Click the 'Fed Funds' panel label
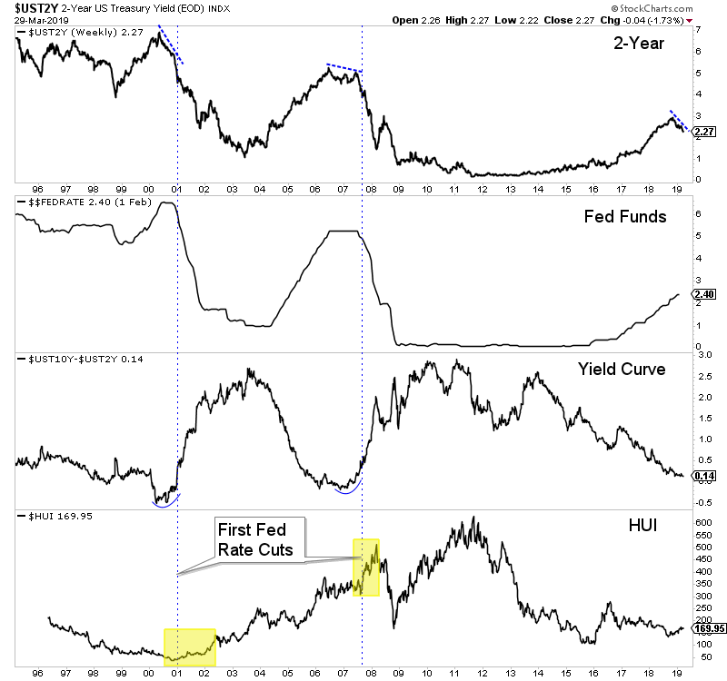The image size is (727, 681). click(x=625, y=216)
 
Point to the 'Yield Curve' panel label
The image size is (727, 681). click(x=622, y=370)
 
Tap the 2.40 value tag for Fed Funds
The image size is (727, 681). click(x=704, y=295)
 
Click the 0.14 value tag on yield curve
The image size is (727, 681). click(x=704, y=475)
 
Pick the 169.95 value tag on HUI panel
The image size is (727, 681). click(x=708, y=627)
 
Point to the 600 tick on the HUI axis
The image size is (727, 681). click(x=702, y=523)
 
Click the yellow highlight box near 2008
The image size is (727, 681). click(x=366, y=567)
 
